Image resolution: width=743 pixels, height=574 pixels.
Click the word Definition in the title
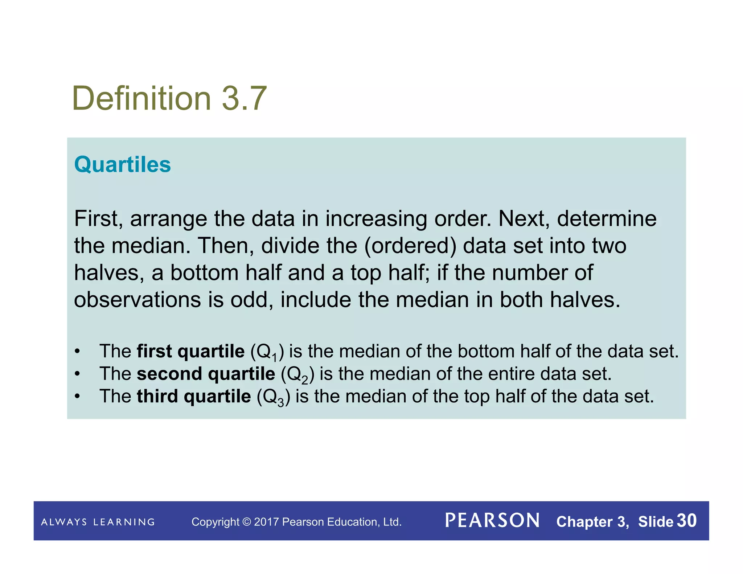click(x=141, y=98)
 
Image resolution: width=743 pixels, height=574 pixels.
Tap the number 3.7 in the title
click(x=244, y=98)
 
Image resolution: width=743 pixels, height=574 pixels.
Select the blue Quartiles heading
click(x=122, y=165)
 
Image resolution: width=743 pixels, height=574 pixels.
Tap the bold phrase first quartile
click(x=190, y=351)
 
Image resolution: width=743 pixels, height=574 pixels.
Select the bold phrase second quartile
click(x=206, y=374)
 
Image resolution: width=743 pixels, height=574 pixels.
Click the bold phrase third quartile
click(x=194, y=396)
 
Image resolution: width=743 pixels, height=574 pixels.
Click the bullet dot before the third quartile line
click(x=77, y=396)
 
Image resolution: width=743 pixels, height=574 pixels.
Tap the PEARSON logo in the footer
click(x=492, y=521)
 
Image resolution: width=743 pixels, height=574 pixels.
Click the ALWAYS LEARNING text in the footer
click(x=98, y=522)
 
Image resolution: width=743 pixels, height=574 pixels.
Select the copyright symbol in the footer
click(x=246, y=522)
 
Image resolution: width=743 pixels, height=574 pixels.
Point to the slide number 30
click(x=686, y=521)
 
